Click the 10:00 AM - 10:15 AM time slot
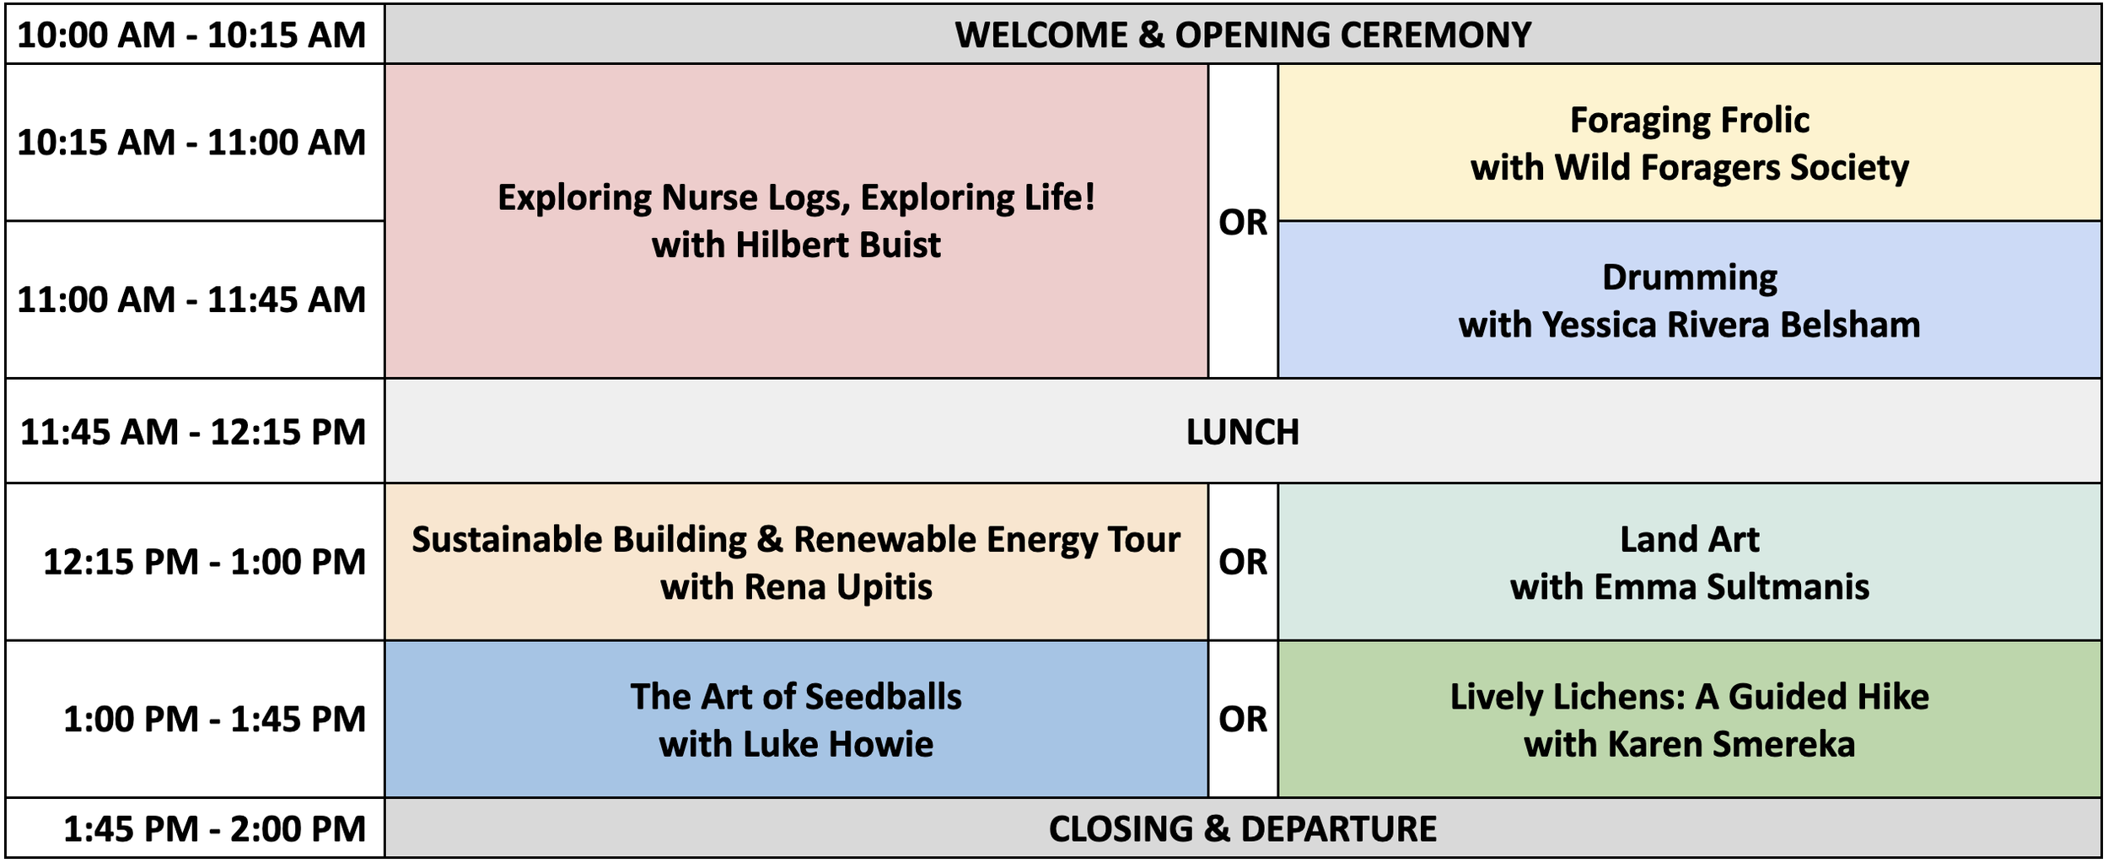(x=191, y=35)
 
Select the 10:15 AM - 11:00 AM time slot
(x=191, y=142)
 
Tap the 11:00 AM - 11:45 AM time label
(x=191, y=299)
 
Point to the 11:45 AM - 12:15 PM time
(x=193, y=432)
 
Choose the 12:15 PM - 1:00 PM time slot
(x=205, y=562)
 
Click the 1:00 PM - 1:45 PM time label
(x=215, y=719)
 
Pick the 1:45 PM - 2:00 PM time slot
(x=215, y=828)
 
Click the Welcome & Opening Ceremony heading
(x=1243, y=35)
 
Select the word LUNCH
(x=1243, y=432)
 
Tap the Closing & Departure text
(x=1243, y=828)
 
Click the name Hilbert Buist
(x=837, y=245)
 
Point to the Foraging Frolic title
(x=1690, y=120)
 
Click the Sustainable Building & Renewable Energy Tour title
(x=796, y=539)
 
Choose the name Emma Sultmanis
(x=1732, y=587)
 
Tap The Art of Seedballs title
(x=796, y=697)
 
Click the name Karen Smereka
(x=1731, y=744)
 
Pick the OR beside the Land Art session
(x=1243, y=562)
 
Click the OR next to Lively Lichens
(x=1243, y=719)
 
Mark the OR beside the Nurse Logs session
(x=1243, y=222)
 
